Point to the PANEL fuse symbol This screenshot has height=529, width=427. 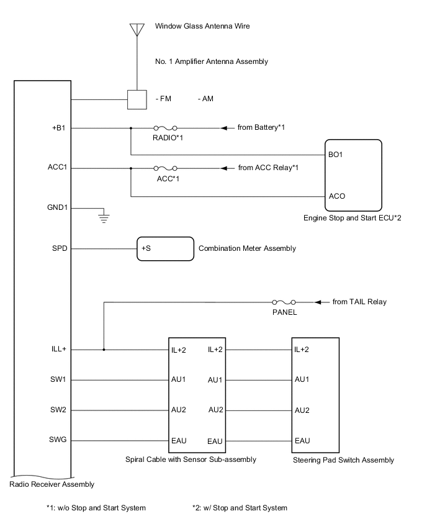pos(284,302)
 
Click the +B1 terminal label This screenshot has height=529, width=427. pos(60,128)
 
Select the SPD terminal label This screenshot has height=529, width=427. pos(60,248)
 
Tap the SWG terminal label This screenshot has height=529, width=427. pos(60,440)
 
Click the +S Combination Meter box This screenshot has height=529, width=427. pos(165,248)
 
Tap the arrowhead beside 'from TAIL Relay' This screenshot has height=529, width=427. pos(319,302)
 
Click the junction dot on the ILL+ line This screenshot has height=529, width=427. pos(104,350)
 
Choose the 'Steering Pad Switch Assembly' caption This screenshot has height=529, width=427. pos(343,460)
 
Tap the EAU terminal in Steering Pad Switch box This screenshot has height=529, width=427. pos(302,441)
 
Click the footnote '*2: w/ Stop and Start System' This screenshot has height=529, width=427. pos(240,508)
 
